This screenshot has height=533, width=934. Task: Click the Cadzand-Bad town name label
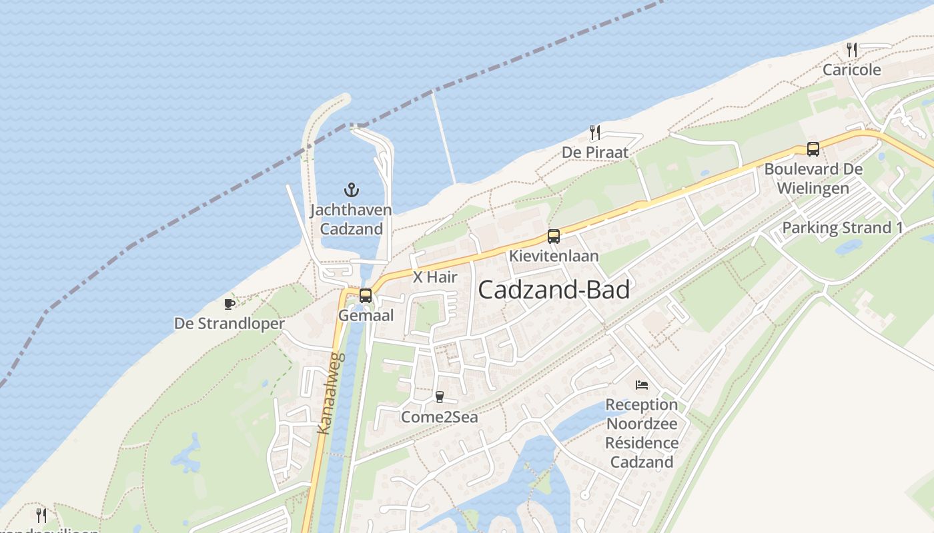pyautogui.click(x=554, y=290)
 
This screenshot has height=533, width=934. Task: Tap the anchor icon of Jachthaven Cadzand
pyautogui.click(x=352, y=190)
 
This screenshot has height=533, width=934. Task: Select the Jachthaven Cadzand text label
pyautogui.click(x=351, y=220)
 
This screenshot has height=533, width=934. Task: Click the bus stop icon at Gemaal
pyautogui.click(x=365, y=295)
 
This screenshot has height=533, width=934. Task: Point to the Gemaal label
pyautogui.click(x=366, y=315)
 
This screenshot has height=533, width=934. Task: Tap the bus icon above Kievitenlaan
pyautogui.click(x=553, y=236)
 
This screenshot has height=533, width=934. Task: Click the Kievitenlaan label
pyautogui.click(x=554, y=256)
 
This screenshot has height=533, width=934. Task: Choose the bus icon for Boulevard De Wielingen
pyautogui.click(x=813, y=149)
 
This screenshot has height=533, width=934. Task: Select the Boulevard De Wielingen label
pyautogui.click(x=813, y=179)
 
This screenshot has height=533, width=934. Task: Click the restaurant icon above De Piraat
pyautogui.click(x=594, y=133)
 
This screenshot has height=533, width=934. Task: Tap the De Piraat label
pyautogui.click(x=595, y=153)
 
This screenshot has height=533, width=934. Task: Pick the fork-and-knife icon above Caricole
pyautogui.click(x=851, y=49)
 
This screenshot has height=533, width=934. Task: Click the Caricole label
pyautogui.click(x=851, y=70)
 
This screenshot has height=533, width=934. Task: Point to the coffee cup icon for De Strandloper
pyautogui.click(x=229, y=304)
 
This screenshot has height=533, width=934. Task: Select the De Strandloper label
pyautogui.click(x=229, y=324)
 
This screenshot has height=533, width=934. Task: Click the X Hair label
pyautogui.click(x=435, y=277)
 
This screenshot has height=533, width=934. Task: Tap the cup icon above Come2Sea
pyautogui.click(x=439, y=397)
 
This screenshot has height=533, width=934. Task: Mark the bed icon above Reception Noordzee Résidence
pyautogui.click(x=641, y=384)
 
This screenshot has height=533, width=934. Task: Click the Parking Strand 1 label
pyautogui.click(x=843, y=228)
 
